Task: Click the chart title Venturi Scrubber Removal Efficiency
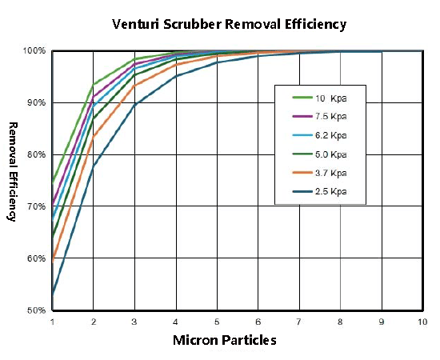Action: (229, 23)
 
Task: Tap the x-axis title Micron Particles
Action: (225, 340)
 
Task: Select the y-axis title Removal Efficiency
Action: (13, 171)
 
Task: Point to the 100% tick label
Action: (34, 51)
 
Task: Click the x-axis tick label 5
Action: (217, 322)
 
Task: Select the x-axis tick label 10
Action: (422, 322)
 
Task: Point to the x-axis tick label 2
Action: (94, 322)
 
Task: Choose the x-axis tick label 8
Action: (340, 322)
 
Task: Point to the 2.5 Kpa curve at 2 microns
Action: (94, 166)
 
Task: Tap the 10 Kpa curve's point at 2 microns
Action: (94, 85)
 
